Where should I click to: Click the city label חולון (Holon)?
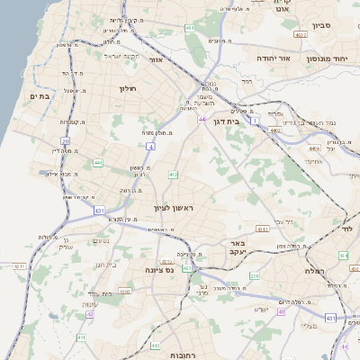pyautogui.click(x=127, y=88)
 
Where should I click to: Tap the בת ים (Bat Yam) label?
pyautogui.click(x=39, y=95)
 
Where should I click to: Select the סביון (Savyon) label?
pyautogui.click(x=321, y=26)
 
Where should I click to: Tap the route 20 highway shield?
pyautogui.click(x=65, y=141)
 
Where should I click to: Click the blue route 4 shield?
pyautogui.click(x=150, y=146)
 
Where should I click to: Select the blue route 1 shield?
pyautogui.click(x=255, y=119)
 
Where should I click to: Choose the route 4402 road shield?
pyautogui.click(x=274, y=130)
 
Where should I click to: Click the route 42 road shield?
pyautogui.click(x=90, y=315)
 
